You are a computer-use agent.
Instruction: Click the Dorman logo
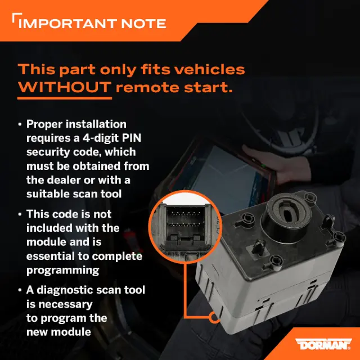coord(323,344)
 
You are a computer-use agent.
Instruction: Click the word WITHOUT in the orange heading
coord(65,88)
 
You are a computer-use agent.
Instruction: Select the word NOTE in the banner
coord(143,24)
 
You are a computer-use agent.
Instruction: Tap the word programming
coord(62,271)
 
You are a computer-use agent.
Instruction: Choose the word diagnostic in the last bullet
coord(65,290)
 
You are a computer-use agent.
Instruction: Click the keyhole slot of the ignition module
coord(287,214)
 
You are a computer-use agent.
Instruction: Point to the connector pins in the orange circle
coord(185,219)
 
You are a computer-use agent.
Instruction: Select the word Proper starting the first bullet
coord(44,124)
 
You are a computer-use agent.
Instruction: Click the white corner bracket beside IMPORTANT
coord(17,17)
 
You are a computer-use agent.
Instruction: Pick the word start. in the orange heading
coord(208,88)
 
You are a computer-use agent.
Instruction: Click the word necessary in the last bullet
coord(65,305)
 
